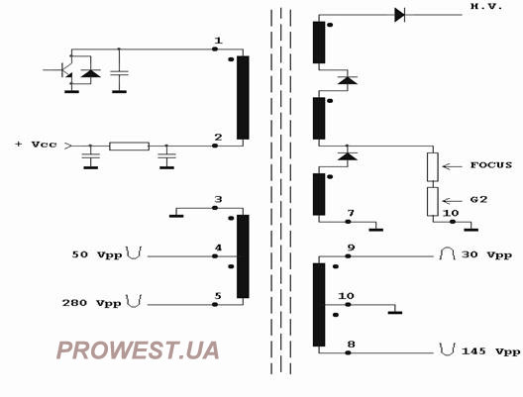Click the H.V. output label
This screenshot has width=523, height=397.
click(x=486, y=6)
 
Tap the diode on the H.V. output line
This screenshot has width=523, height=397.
click(x=399, y=15)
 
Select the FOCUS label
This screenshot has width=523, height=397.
click(x=491, y=165)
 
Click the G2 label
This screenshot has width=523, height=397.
click(x=479, y=200)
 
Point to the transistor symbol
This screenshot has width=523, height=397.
click(x=66, y=70)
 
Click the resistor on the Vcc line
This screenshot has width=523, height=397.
click(x=130, y=146)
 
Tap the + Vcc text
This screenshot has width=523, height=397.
click(x=36, y=145)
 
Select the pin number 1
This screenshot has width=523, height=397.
click(x=218, y=41)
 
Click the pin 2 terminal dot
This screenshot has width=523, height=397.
click(x=215, y=146)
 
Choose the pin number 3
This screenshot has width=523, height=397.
click(x=218, y=199)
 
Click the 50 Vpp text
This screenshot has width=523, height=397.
click(x=97, y=254)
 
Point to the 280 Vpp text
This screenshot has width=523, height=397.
click(x=92, y=303)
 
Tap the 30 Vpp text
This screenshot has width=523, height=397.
click(x=486, y=255)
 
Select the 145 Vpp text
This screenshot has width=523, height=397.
click(x=490, y=351)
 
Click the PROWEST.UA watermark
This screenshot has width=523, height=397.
click(x=138, y=350)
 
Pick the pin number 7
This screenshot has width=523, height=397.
click(x=351, y=213)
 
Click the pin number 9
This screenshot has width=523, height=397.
click(x=351, y=248)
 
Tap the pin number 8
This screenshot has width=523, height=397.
click(x=351, y=345)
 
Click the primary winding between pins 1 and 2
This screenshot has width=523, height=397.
click(x=243, y=97)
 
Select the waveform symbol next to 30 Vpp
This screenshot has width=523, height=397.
click(x=448, y=254)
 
